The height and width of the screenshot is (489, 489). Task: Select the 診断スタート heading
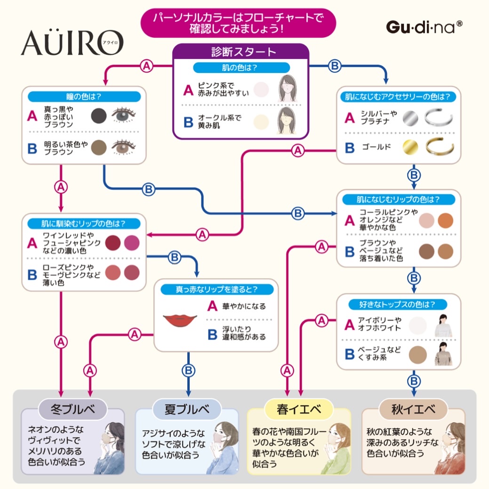(240, 51)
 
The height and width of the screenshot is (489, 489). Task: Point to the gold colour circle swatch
(410, 147)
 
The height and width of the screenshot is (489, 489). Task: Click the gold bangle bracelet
(439, 147)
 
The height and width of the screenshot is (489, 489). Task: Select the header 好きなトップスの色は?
(398, 304)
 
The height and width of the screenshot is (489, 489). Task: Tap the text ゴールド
(376, 147)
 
